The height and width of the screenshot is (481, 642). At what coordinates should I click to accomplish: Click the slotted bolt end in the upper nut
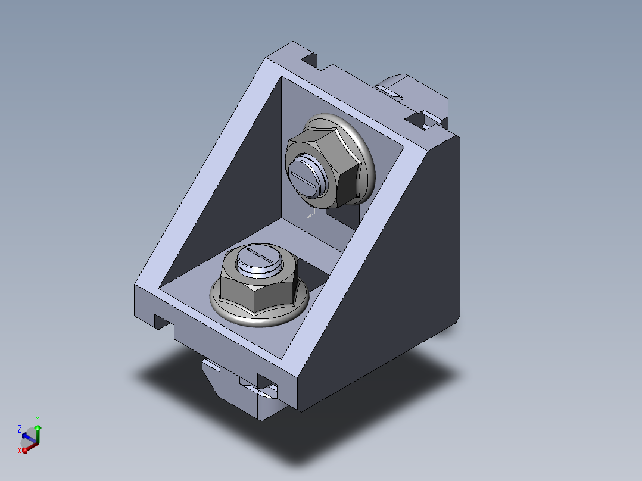(305, 177)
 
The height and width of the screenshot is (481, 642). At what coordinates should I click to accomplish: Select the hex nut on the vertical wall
(323, 166)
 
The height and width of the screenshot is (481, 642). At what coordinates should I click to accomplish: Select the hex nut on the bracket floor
(258, 282)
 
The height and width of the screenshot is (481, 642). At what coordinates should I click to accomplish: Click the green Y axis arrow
(38, 434)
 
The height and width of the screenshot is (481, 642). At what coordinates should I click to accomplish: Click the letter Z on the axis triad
(19, 429)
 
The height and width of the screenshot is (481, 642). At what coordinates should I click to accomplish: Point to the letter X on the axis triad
(19, 451)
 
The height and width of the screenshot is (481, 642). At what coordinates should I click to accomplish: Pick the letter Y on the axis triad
(38, 418)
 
